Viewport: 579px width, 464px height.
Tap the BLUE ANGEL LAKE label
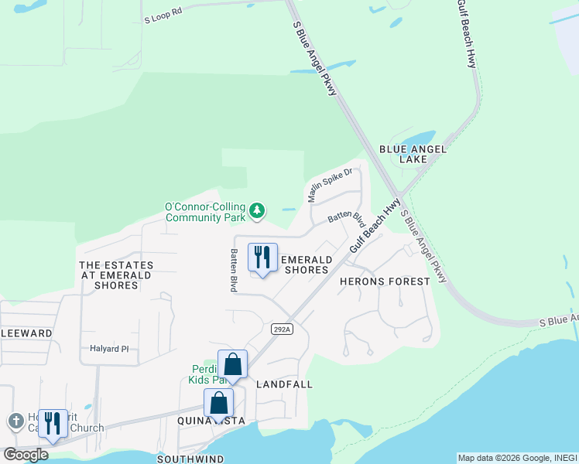[403, 154]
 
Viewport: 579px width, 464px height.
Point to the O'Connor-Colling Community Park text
[205, 213]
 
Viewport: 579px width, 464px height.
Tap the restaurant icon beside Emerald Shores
[262, 258]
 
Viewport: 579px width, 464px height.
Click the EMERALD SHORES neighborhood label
[306, 264]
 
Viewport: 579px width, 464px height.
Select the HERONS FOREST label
[384, 281]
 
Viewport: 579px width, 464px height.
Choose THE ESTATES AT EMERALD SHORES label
[116, 275]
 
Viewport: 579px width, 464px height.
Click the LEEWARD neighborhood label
[26, 333]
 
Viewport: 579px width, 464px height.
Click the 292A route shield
[283, 329]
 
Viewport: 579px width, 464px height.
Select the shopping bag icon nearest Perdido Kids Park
[232, 364]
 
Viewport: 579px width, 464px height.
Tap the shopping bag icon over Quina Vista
[218, 403]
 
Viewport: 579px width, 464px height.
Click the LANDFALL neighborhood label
[284, 384]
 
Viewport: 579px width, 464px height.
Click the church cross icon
[15, 421]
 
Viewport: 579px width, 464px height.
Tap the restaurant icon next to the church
[53, 424]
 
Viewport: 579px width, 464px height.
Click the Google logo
[25, 454]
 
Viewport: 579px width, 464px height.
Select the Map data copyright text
[517, 458]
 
